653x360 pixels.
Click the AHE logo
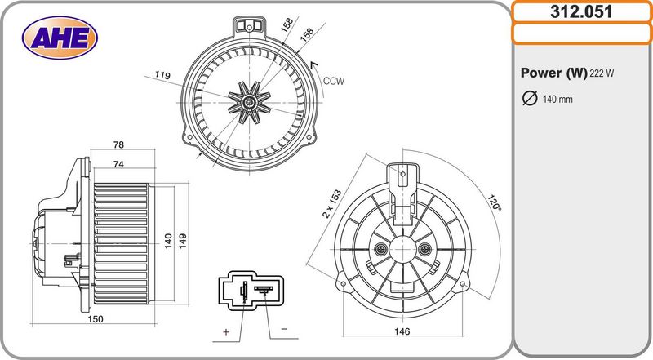coord(60,38)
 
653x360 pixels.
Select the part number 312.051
coord(581,11)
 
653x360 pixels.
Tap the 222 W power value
coord(602,73)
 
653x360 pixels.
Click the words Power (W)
coord(554,73)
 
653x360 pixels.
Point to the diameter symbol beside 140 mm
coord(530,98)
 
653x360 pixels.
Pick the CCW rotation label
coord(334,82)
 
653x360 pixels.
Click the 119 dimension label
coord(162,75)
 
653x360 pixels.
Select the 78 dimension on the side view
coord(118,144)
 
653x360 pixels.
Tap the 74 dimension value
coord(118,164)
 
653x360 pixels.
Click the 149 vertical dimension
coord(182,242)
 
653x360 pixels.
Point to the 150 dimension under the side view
coord(96,318)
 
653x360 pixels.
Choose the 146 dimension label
coord(402,331)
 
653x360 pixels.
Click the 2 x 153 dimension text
coord(332,204)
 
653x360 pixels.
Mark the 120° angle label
coord(494,202)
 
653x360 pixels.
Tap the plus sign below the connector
coord(226,331)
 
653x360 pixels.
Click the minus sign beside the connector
coord(284,329)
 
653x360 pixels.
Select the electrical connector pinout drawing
coord(251,291)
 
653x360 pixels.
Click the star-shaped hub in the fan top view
coord(250,102)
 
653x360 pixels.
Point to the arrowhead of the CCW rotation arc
coord(314,64)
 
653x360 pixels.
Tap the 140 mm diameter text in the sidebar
coord(557,99)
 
